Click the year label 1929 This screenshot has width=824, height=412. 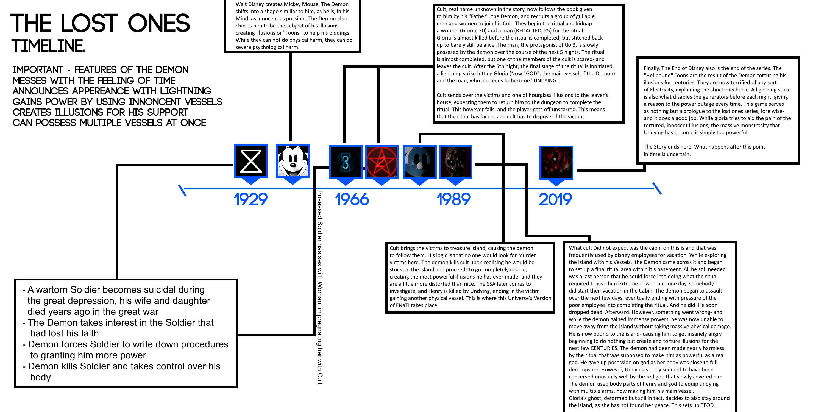[x=250, y=199]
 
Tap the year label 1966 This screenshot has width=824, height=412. [x=352, y=199]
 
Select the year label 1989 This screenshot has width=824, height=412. [x=453, y=199]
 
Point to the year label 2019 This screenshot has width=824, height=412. [x=555, y=199]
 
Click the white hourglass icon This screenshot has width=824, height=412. [x=251, y=161]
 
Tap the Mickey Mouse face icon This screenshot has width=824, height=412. [x=293, y=161]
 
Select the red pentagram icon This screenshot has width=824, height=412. [x=382, y=162]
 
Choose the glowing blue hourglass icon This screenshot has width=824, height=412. [x=346, y=162]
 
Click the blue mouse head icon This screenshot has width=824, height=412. [x=419, y=162]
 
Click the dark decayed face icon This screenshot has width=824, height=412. [x=455, y=162]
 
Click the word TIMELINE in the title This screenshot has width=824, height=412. [x=49, y=46]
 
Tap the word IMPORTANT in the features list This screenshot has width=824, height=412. [x=37, y=70]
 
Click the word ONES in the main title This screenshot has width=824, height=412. [x=159, y=23]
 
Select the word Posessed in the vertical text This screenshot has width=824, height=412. [x=319, y=205]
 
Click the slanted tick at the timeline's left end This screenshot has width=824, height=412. [x=182, y=190]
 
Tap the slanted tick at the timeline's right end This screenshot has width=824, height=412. [x=657, y=188]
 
